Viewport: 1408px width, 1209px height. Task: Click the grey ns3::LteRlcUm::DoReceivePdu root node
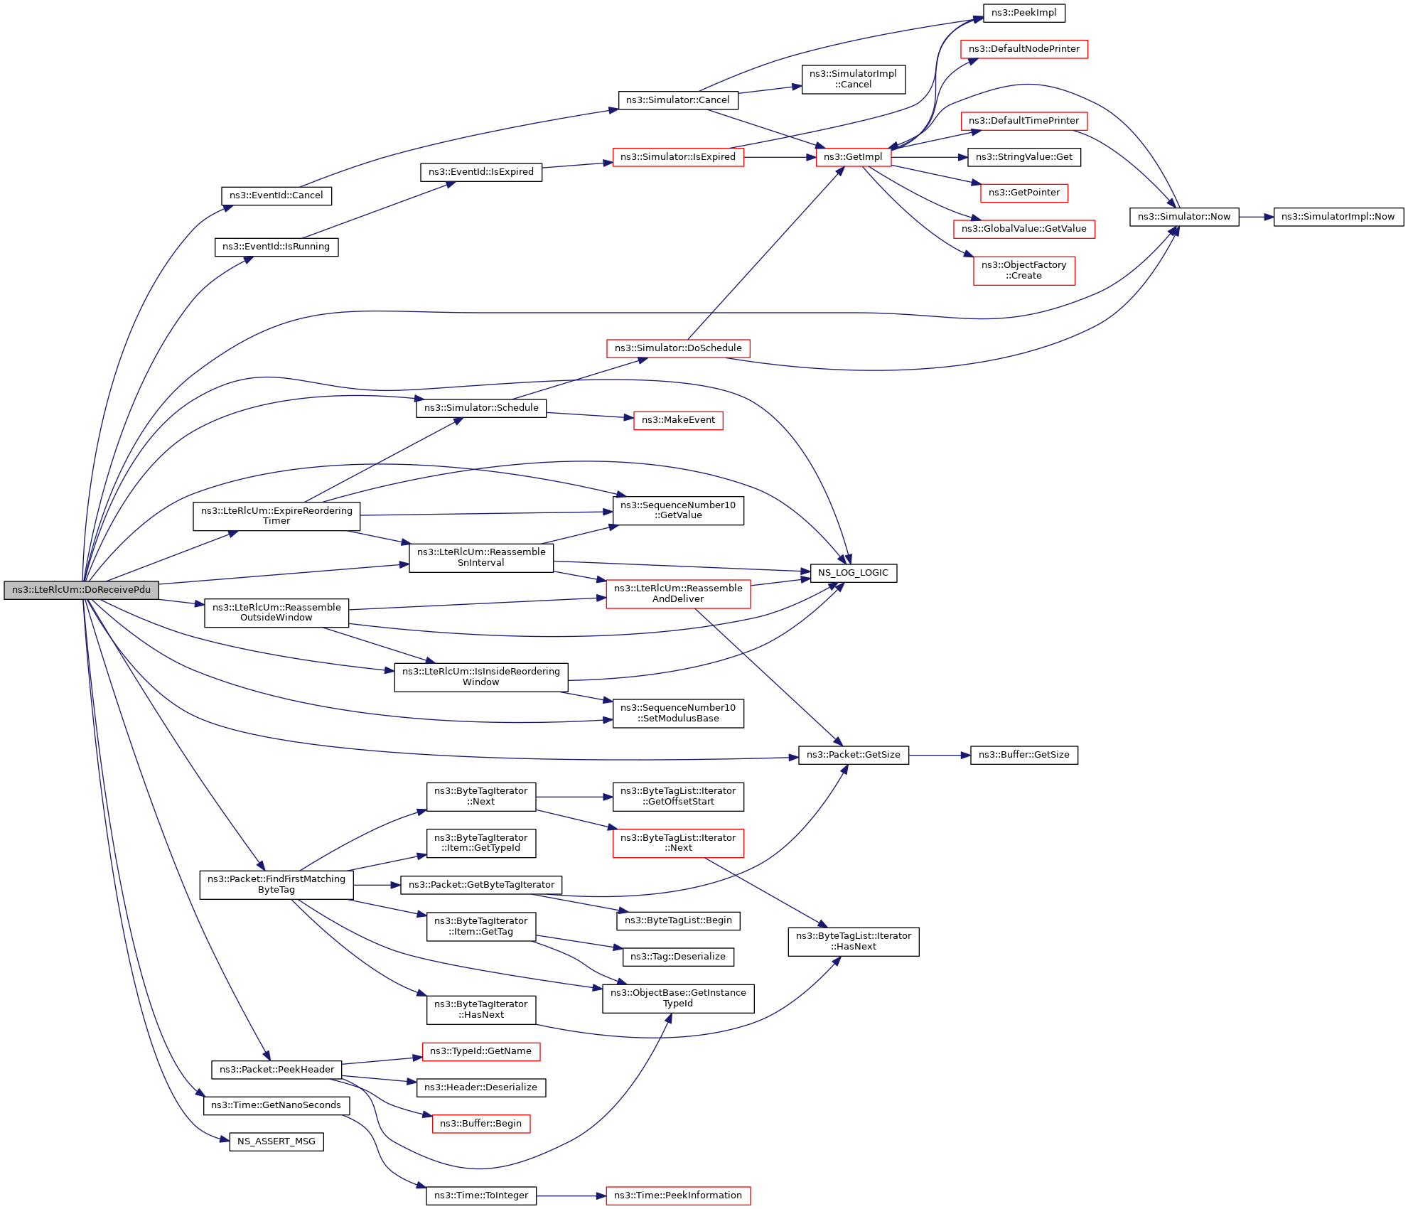(x=81, y=590)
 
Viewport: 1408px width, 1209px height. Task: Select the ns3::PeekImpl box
(x=1023, y=13)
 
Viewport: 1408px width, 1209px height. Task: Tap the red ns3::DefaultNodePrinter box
(x=1023, y=49)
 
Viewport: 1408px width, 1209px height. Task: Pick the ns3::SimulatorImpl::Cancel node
(x=853, y=79)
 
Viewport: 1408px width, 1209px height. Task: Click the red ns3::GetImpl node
(x=853, y=157)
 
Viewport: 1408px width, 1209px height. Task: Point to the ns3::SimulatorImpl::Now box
(x=1338, y=217)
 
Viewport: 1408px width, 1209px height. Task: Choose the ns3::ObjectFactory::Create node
(x=1023, y=270)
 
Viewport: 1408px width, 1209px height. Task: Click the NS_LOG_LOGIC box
(x=853, y=573)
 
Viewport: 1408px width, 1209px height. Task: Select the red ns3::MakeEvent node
(x=678, y=420)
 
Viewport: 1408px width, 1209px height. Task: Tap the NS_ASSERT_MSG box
(x=276, y=1141)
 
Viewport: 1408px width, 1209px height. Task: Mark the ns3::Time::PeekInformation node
(x=678, y=1195)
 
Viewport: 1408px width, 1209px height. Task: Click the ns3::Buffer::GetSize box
(x=1023, y=755)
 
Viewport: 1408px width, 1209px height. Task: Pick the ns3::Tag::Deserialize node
(x=678, y=957)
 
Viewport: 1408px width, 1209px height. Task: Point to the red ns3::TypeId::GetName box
(x=480, y=1051)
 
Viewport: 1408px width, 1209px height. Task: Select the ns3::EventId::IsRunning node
(x=276, y=247)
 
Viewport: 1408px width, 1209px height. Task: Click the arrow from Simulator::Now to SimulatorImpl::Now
(x=1256, y=217)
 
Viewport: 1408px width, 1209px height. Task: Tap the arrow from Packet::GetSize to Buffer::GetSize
(x=940, y=755)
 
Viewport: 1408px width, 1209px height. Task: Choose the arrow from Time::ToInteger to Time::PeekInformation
(x=571, y=1195)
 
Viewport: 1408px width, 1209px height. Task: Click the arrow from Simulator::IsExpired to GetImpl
(x=780, y=157)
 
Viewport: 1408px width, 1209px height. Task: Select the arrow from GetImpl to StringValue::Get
(x=929, y=157)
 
